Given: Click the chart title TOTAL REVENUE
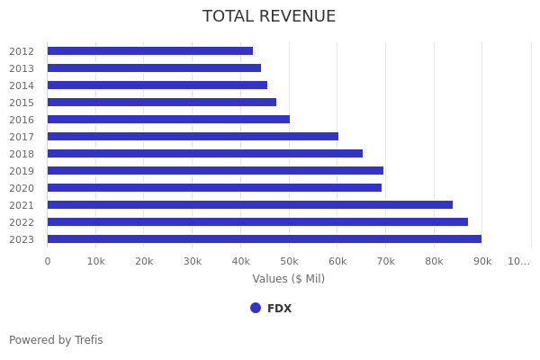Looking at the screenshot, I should [269, 16].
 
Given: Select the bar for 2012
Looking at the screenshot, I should [150, 51].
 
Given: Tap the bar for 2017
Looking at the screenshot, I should [193, 137].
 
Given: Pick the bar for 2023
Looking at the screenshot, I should [265, 239].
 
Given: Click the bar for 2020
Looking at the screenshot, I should [214, 188].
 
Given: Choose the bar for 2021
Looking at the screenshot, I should [250, 205].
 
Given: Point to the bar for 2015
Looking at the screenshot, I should [162, 103].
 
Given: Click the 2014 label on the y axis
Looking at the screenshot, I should [22, 85].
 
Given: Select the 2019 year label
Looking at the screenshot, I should [22, 171].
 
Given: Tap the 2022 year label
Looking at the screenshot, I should [22, 222].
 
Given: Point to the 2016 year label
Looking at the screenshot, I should [22, 120].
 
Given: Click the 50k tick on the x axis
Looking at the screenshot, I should [289, 261].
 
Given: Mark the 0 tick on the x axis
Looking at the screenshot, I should [48, 261].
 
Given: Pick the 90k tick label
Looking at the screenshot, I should [482, 261].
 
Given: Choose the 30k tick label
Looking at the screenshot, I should [193, 261].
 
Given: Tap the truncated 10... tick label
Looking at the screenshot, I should [518, 261].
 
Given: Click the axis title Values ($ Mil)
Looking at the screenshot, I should [288, 279].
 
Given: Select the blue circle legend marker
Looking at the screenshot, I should [256, 308].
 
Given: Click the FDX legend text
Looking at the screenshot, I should [279, 309].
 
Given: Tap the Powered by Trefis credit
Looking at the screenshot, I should [56, 340].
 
